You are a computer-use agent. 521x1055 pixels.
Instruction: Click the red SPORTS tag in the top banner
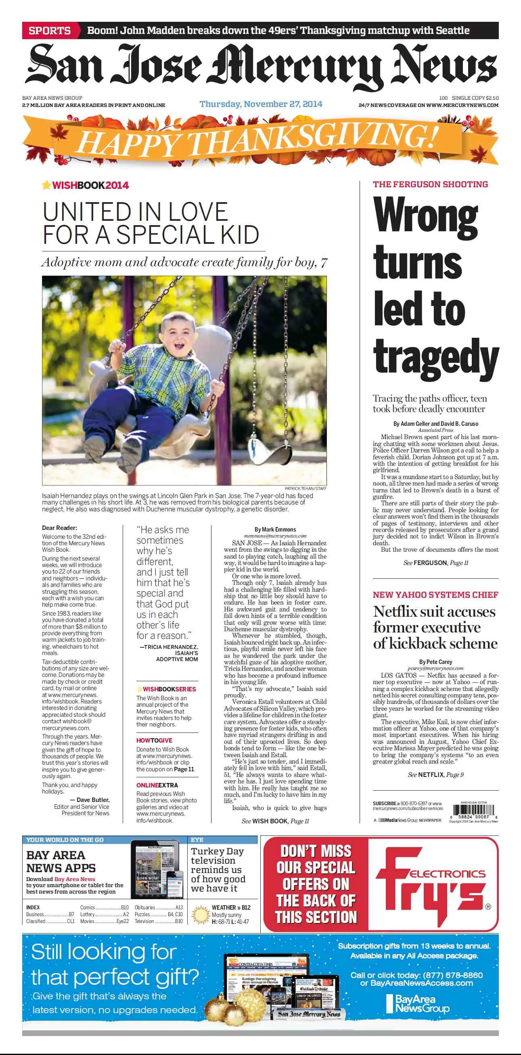click(50, 31)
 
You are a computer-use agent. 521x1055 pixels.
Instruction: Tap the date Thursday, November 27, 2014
click(261, 104)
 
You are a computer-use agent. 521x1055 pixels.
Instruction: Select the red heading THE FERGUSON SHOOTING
click(430, 184)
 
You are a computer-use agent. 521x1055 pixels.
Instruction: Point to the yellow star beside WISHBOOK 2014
click(47, 185)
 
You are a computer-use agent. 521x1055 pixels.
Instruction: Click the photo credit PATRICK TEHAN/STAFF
click(305, 488)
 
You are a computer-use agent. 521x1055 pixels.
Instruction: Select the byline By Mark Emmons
click(275, 530)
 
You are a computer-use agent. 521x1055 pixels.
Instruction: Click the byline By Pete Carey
click(435, 662)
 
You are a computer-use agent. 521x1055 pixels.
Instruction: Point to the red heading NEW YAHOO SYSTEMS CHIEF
click(435, 594)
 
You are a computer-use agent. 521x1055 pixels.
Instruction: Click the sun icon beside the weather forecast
click(200, 915)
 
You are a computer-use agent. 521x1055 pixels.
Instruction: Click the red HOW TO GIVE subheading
click(154, 741)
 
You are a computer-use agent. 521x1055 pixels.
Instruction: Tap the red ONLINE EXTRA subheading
click(157, 785)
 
